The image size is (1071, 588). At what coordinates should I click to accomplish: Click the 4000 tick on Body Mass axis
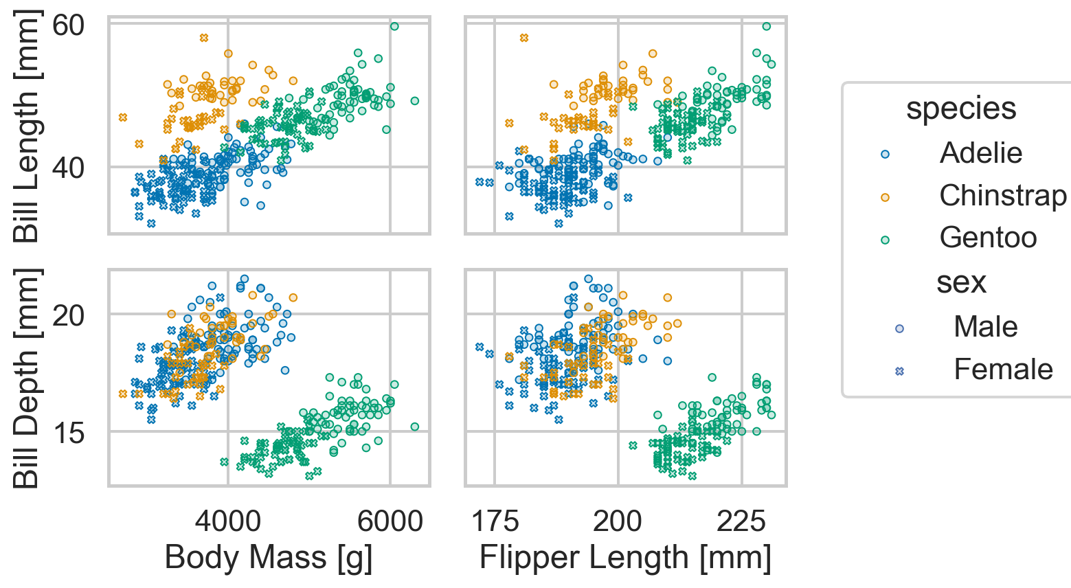[x=228, y=521]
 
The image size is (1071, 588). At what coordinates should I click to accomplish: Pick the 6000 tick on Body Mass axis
[x=390, y=521]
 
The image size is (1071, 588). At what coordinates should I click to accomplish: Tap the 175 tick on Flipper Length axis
[x=495, y=521]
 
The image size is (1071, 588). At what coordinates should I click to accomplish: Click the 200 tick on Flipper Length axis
[x=618, y=521]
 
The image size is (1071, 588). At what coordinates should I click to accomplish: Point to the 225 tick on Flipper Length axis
[x=741, y=521]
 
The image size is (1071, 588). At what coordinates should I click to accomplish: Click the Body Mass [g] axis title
[x=269, y=558]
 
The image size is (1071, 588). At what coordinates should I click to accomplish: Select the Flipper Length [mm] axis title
[x=625, y=558]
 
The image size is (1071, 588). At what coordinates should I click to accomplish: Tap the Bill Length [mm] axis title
[x=27, y=127]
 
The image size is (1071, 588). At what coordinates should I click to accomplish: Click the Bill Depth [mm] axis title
[x=27, y=378]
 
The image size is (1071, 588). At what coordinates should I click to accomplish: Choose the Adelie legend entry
[x=980, y=153]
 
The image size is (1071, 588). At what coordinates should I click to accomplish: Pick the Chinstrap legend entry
[x=1002, y=196]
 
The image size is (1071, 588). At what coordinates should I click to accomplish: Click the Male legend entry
[x=985, y=327]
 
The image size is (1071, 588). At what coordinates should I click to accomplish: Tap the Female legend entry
[x=1002, y=370]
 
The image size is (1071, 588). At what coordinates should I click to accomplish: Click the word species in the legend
[x=960, y=109]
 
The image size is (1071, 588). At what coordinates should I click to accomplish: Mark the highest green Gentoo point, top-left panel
[x=394, y=26]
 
